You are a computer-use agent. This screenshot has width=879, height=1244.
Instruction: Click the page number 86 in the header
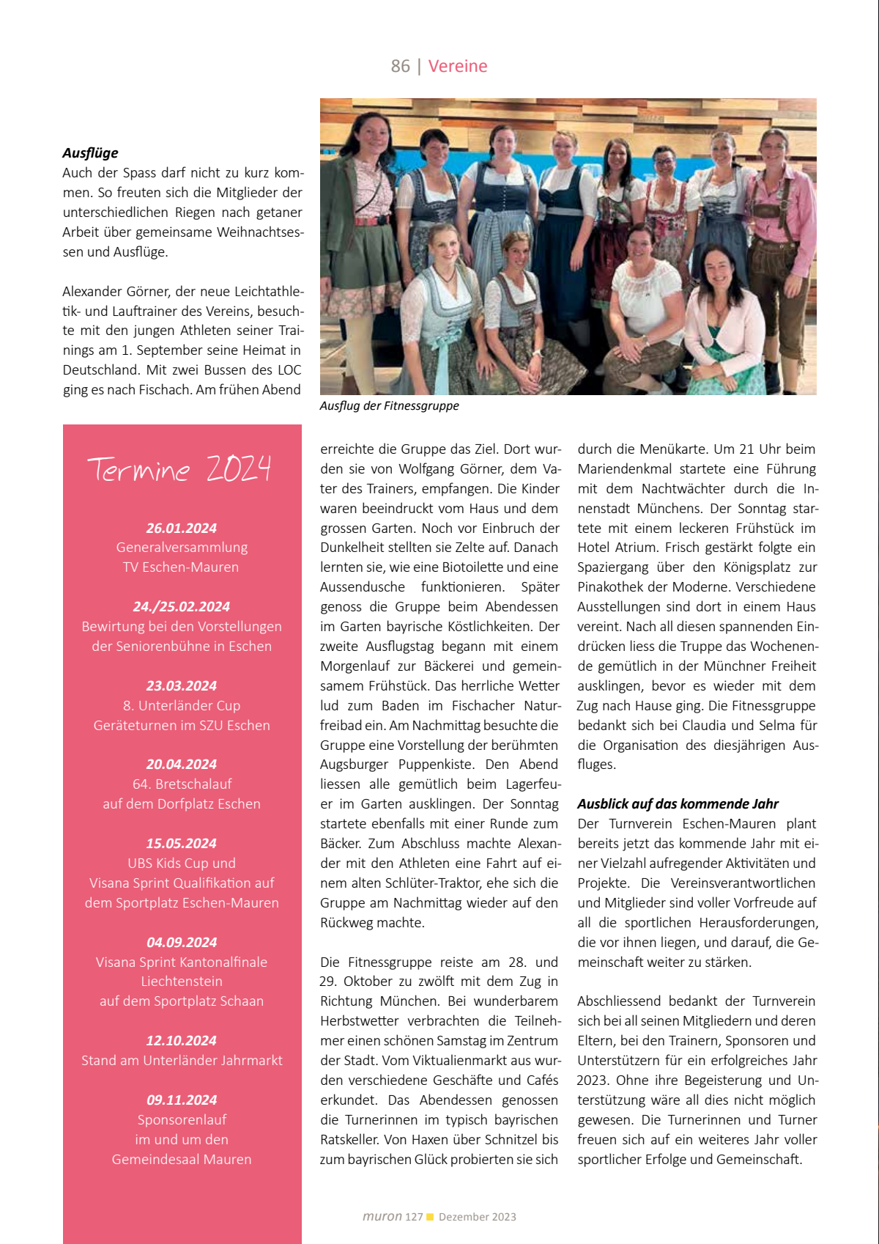400,66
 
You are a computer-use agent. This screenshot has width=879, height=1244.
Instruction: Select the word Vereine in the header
458,66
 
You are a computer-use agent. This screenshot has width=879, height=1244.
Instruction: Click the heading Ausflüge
90,153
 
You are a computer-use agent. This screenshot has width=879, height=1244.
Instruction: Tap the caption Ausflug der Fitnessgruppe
389,406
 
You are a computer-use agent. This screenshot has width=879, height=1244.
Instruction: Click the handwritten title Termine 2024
179,469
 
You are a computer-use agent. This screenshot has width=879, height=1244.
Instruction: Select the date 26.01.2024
182,528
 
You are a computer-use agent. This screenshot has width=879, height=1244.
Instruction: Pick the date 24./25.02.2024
182,607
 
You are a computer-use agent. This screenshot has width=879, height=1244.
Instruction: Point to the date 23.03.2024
182,686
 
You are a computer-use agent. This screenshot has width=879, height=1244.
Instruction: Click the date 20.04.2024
182,765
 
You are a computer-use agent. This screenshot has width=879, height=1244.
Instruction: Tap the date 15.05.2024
182,844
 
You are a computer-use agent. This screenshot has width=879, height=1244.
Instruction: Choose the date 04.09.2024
182,943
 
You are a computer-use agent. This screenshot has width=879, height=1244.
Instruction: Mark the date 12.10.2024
182,1041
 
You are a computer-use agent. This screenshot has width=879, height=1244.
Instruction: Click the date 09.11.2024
182,1100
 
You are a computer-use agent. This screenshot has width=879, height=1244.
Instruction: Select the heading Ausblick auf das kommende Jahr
678,804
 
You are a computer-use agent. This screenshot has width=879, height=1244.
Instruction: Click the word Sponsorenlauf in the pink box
182,1120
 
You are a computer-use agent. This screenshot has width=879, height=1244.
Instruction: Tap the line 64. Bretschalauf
182,784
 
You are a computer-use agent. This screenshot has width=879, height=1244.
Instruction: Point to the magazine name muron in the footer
382,1217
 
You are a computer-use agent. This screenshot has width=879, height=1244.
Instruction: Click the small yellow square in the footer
430,1217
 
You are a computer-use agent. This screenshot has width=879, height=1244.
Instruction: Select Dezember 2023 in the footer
478,1217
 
